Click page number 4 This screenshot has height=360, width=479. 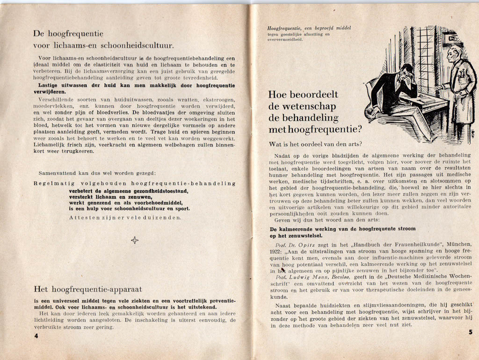(36, 336)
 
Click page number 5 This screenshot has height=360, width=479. (470, 332)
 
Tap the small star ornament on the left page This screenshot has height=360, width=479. (135, 240)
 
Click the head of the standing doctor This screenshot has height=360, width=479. (452, 55)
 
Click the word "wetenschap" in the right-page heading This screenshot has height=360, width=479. (306, 106)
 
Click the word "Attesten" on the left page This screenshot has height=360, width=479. (83, 218)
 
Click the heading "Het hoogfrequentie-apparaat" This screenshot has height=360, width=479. (87, 289)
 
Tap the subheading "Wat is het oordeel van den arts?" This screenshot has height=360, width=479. (316, 144)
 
